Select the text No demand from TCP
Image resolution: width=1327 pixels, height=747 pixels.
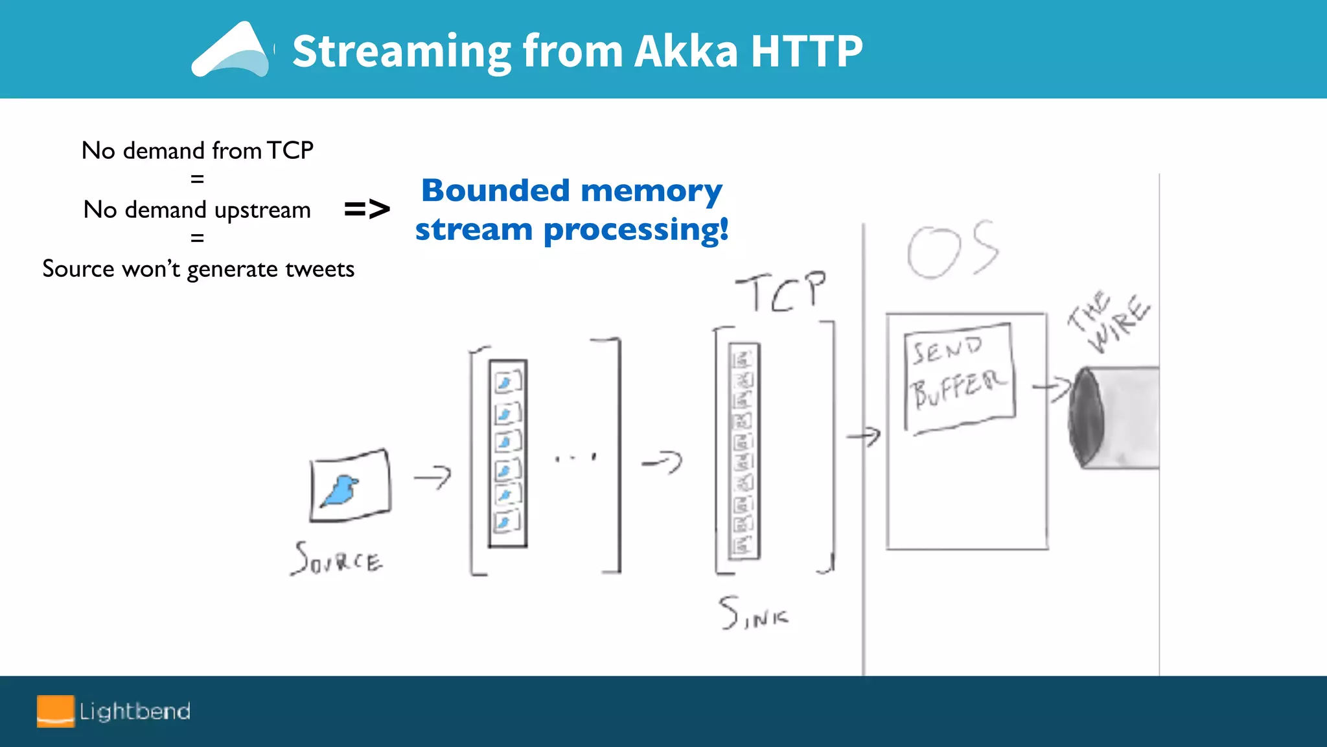(198, 150)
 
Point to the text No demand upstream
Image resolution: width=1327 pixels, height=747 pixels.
(198, 210)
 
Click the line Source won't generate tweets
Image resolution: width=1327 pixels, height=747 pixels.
(198, 269)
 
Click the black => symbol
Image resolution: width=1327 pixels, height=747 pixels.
(367, 209)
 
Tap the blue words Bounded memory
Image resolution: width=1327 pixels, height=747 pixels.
(571, 191)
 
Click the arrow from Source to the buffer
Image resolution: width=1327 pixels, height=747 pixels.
(433, 478)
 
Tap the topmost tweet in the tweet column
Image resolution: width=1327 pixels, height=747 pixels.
(507, 382)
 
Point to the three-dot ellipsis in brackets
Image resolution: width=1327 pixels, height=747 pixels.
(575, 458)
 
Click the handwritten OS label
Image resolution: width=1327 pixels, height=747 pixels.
(952, 250)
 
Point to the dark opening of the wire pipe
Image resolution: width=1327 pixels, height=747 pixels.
(1086, 416)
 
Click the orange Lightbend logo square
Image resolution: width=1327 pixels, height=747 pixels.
(56, 711)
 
